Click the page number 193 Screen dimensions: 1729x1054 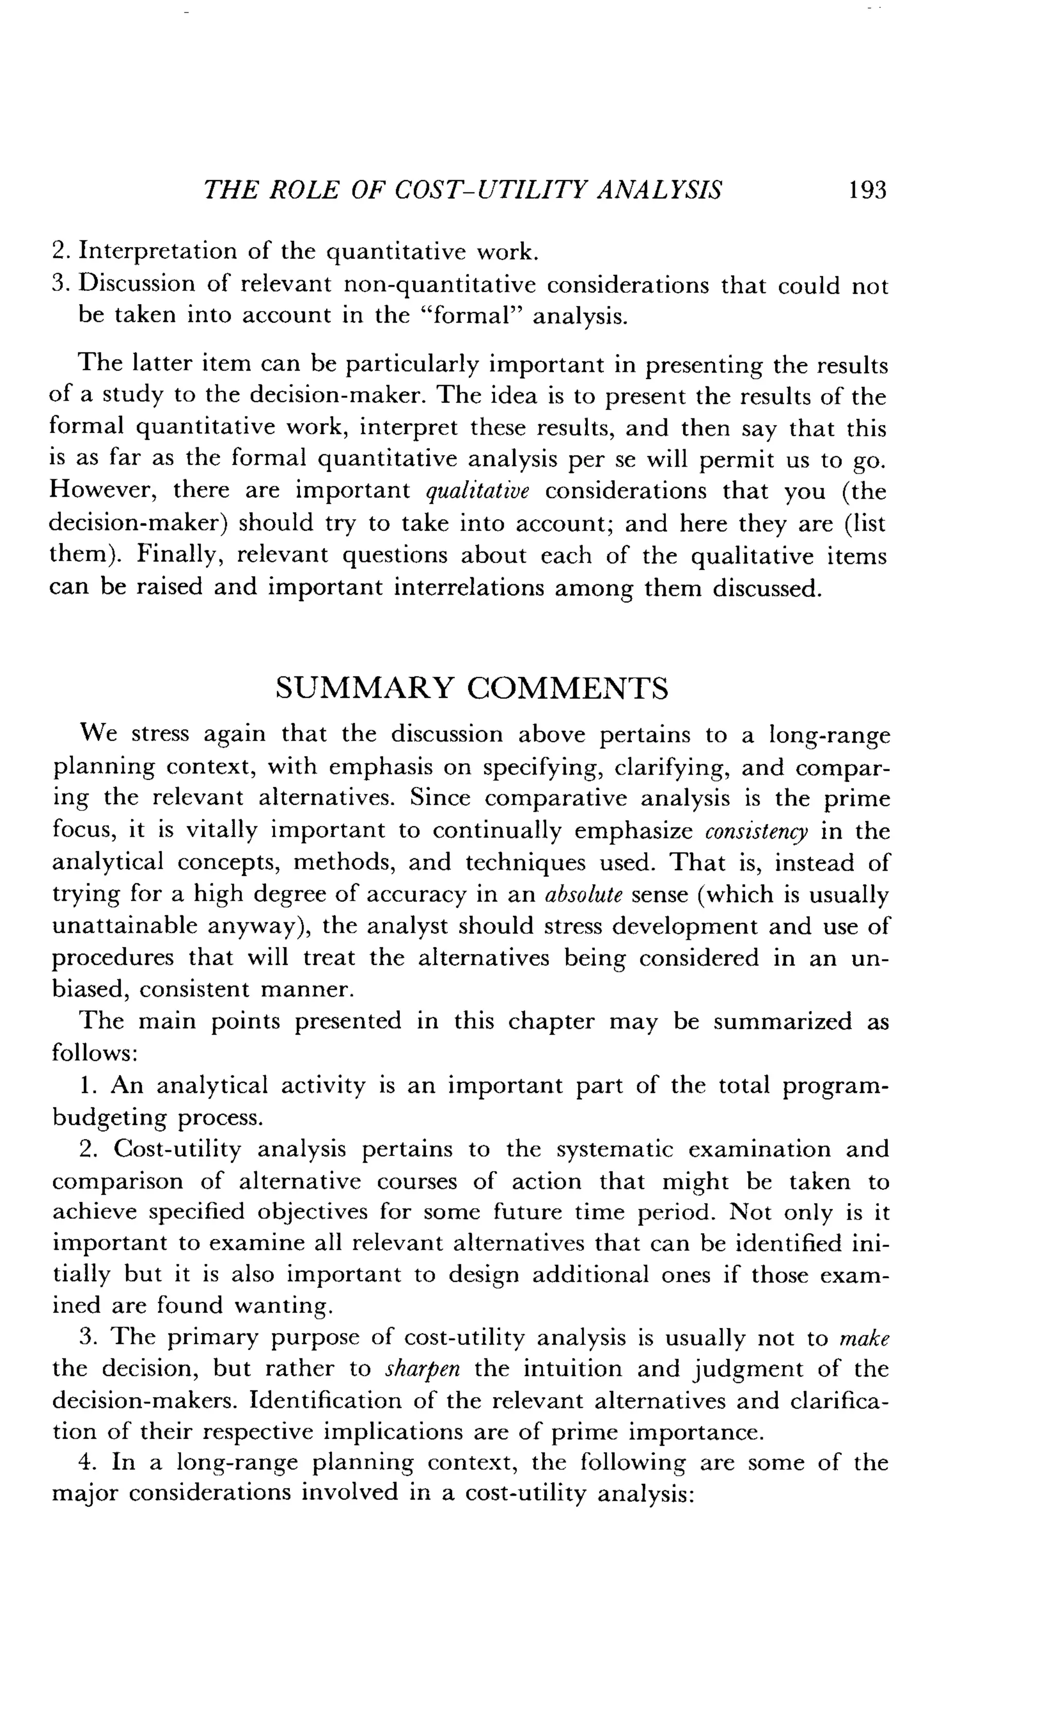(867, 190)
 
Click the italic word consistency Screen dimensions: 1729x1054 (757, 832)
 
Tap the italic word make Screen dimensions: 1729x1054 (865, 1339)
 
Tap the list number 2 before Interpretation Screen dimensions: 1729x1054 (58, 251)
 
